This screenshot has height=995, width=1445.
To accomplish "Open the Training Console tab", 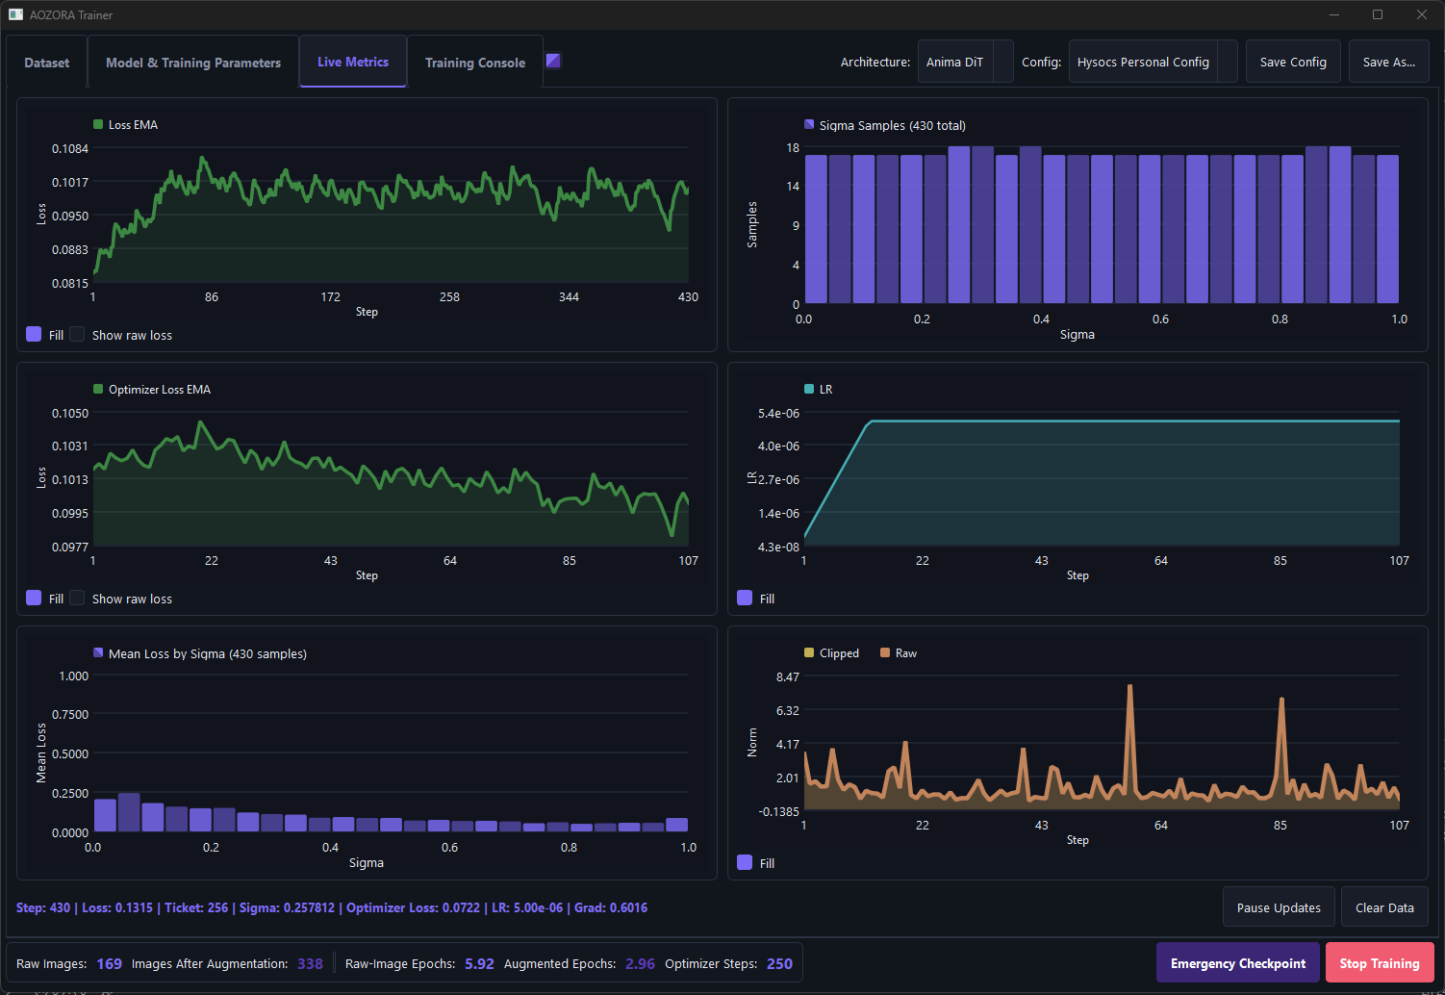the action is (475, 63).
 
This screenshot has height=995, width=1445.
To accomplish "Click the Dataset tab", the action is (46, 63).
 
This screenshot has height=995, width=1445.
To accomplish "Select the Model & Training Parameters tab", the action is (192, 63).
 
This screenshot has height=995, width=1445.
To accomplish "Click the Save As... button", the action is (1388, 62).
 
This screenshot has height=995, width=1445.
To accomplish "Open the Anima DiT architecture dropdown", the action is (965, 62).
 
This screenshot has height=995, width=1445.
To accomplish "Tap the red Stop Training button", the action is (1380, 963).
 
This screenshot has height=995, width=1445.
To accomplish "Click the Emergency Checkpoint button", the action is (1237, 963).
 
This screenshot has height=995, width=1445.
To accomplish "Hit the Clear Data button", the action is (1384, 907).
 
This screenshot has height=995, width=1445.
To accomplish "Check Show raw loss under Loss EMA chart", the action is (77, 334).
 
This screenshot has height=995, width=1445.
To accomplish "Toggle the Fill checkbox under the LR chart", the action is (745, 599).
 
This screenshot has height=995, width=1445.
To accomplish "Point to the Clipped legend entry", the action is (831, 653).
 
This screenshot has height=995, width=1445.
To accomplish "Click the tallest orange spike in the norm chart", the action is (1129, 686).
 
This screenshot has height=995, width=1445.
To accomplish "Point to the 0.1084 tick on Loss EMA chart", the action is (69, 148).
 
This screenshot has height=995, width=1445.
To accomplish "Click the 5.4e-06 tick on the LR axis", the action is (778, 413).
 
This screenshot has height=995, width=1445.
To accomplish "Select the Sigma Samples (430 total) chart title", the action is (892, 125).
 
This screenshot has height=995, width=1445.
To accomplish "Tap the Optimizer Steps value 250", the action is (779, 963).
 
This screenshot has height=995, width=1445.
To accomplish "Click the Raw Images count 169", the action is (109, 963).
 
